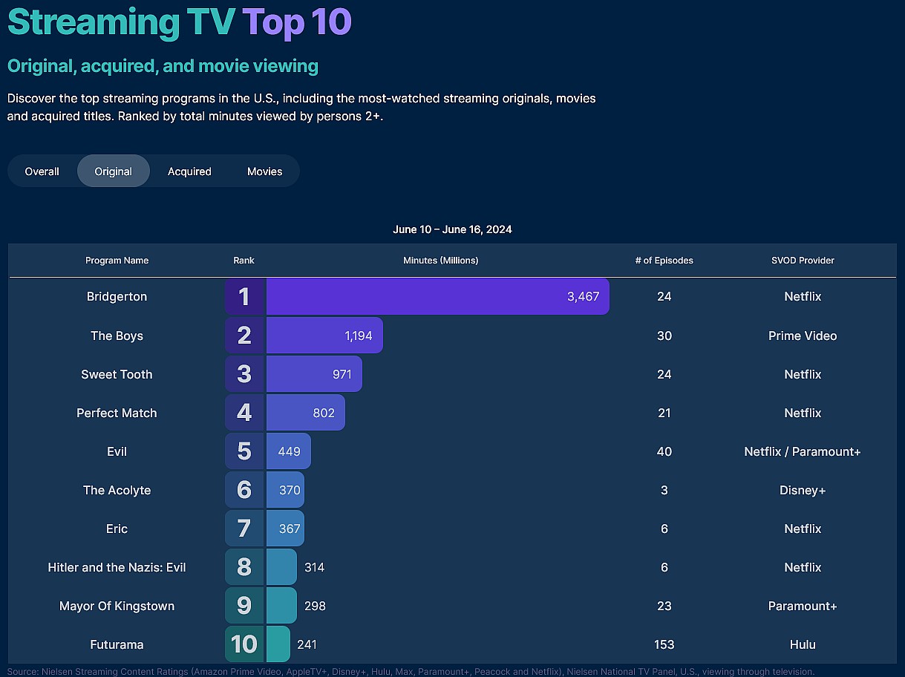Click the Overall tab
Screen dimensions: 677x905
42,171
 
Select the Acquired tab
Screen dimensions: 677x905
189,171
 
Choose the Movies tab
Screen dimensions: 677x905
264,171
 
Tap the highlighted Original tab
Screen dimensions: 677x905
113,171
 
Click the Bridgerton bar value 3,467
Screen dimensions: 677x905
583,297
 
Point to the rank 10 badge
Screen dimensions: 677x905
244,644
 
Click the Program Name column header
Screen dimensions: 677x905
117,261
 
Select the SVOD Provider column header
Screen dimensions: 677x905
803,261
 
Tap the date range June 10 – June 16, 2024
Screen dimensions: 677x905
452,229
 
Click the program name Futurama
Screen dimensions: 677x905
117,644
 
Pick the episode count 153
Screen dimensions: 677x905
664,644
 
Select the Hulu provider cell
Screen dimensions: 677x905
803,644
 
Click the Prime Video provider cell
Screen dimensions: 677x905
803,336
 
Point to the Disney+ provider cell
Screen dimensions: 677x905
803,490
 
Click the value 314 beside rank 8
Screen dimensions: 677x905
314,567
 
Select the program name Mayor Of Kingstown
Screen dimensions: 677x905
117,606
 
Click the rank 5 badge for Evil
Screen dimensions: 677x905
244,451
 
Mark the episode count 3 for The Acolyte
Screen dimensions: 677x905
664,490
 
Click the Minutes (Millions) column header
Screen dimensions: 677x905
440,261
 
